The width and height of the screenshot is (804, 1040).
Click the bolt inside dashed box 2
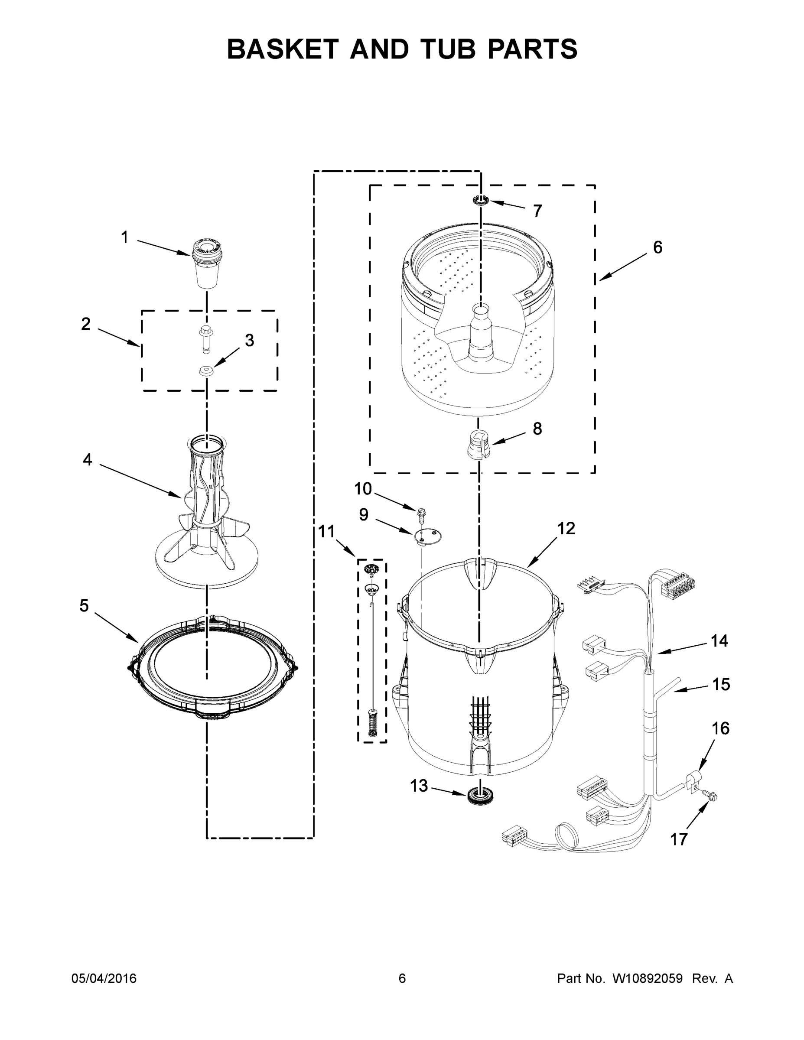point(206,338)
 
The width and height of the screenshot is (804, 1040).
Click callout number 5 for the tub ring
point(84,606)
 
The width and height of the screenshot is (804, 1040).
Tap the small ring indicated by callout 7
point(481,200)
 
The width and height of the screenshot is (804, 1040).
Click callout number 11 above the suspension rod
point(327,531)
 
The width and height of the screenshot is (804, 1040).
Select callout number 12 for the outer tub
point(566,528)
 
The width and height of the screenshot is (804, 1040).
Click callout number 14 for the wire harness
point(719,640)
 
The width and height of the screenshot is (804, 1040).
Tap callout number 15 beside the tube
point(721,684)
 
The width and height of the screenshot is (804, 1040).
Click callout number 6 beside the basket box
point(658,247)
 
